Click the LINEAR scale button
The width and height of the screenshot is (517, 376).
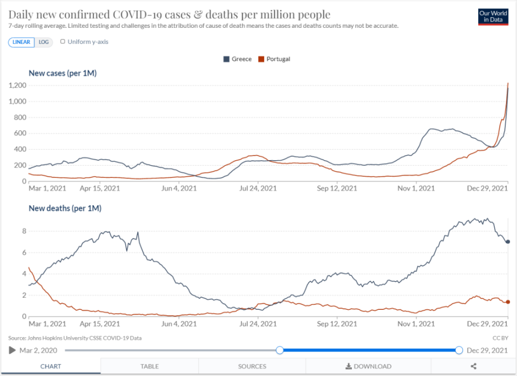(21, 42)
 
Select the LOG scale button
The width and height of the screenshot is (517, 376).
(44, 42)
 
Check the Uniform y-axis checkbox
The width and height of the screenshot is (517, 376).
(63, 42)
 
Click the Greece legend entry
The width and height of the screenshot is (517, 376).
(237, 59)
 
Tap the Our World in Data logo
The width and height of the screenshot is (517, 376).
(493, 16)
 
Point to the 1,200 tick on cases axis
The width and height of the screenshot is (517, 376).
(18, 85)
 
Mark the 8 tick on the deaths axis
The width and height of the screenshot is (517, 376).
(24, 231)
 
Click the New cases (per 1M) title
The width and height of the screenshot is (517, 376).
(63, 73)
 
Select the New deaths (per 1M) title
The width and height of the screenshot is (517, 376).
(65, 209)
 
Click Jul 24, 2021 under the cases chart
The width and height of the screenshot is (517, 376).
(258, 189)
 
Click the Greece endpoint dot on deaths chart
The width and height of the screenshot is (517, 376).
(508, 242)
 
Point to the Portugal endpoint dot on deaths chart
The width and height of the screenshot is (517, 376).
(508, 302)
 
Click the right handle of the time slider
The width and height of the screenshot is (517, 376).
(459, 350)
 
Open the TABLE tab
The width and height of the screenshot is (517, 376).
(150, 367)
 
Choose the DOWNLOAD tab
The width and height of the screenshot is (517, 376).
(369, 367)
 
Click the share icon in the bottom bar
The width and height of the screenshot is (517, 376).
(474, 367)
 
